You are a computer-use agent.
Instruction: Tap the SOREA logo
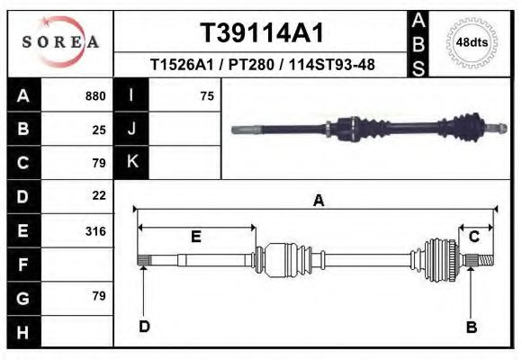[x=60, y=41]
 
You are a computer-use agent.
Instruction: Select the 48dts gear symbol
[x=473, y=41]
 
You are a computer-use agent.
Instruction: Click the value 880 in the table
[x=95, y=96]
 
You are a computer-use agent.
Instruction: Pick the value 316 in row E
[x=95, y=231]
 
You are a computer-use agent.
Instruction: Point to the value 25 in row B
[x=99, y=130]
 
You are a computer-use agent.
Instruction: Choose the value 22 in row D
[x=99, y=195]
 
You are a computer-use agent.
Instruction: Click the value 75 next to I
[x=207, y=96]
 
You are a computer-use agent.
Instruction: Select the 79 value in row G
[x=99, y=296]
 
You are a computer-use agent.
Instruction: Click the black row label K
[x=131, y=162]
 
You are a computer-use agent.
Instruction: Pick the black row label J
[x=131, y=129]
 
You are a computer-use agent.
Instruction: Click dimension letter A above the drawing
[x=317, y=202]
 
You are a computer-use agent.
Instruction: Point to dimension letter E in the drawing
[x=195, y=237]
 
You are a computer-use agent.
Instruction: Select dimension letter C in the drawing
[x=473, y=236]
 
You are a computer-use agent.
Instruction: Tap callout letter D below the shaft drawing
[x=144, y=327]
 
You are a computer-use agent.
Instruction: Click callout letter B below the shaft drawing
[x=471, y=328]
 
